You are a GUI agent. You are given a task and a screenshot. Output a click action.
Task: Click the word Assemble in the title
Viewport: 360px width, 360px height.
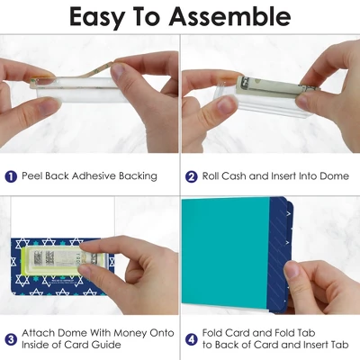229,16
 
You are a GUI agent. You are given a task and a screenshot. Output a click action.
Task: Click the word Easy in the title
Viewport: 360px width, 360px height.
96,18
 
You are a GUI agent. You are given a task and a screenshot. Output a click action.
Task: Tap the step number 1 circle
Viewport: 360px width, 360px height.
11,176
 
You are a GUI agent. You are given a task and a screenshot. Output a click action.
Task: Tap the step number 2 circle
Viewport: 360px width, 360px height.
192,176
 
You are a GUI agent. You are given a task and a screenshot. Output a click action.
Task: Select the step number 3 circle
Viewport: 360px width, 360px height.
11,339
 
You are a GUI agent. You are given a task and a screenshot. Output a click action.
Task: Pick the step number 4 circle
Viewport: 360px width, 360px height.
192,339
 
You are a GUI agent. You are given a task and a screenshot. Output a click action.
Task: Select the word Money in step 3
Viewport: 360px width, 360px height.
133,333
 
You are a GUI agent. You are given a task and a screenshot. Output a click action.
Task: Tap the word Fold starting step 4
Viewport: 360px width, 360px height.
212,333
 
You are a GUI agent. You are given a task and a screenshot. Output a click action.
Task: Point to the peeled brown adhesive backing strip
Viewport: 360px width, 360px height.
83,75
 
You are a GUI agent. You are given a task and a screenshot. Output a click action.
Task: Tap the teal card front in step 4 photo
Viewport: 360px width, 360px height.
226,255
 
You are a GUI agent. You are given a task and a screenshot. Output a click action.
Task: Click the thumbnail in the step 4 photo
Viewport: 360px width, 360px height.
292,270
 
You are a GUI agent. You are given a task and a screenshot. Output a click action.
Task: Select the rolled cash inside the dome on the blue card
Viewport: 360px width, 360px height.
60,257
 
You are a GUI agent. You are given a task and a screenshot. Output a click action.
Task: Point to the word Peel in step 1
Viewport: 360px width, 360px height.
32,175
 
